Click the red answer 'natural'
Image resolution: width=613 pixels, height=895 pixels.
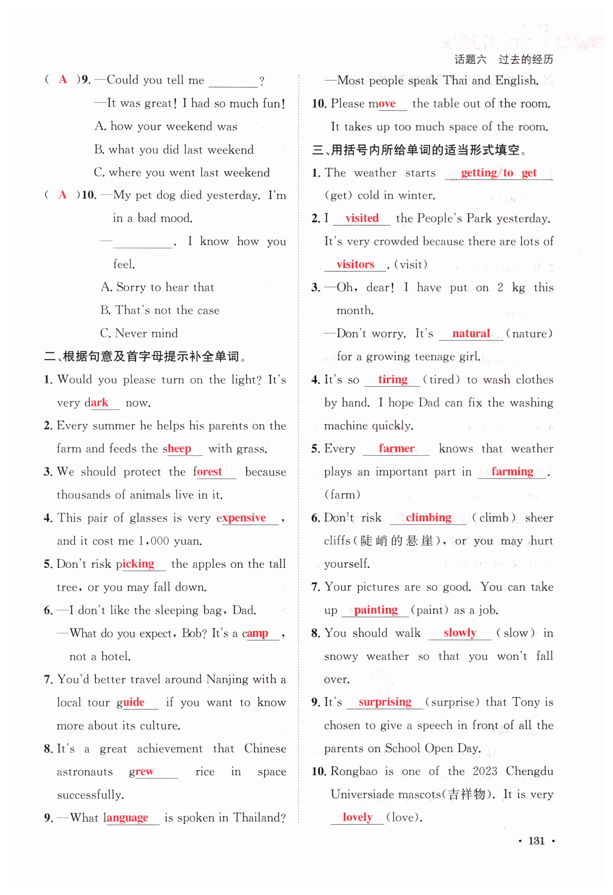point(471,334)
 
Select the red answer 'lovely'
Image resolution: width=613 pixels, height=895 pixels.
point(357,817)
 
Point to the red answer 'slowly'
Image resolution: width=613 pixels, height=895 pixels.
point(460,633)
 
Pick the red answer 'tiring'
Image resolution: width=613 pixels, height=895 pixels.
point(392,380)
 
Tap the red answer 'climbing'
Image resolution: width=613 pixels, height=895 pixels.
point(428,518)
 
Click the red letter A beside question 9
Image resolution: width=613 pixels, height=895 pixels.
point(63,80)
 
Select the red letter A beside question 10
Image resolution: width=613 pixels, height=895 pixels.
point(63,195)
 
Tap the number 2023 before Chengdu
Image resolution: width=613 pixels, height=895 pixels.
point(485,771)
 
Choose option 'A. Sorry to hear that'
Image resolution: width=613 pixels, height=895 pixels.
point(157,287)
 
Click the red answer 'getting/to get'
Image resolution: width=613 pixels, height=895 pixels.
point(498,173)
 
